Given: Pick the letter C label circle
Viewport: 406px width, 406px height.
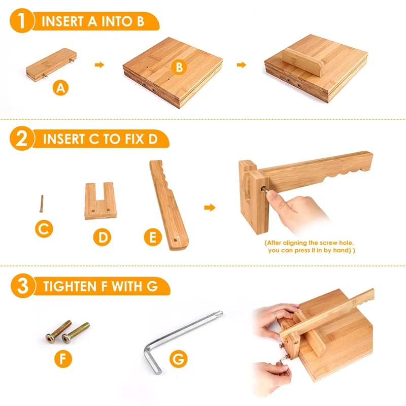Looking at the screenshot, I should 44,229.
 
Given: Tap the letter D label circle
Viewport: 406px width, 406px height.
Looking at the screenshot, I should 103,237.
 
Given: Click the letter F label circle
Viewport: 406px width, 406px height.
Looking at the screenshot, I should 63,359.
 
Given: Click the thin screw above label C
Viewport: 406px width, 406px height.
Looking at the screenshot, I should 40,204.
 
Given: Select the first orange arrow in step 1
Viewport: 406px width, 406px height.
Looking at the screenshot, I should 100,64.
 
